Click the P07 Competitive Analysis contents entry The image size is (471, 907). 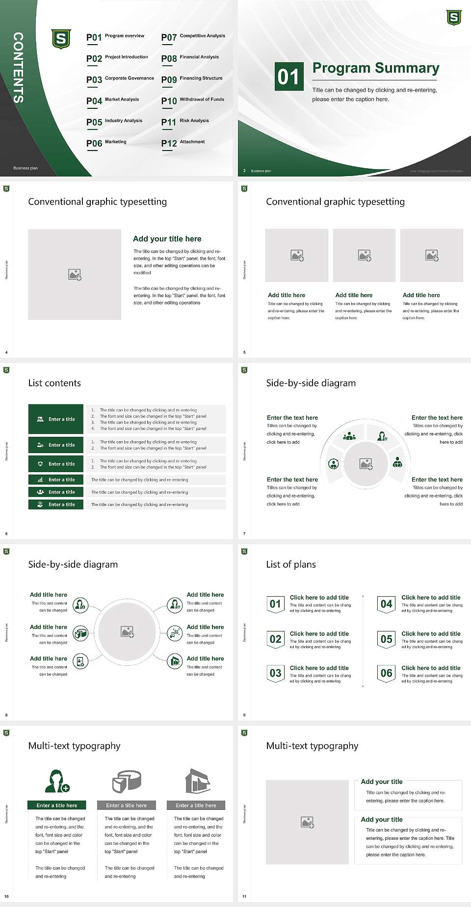(193, 37)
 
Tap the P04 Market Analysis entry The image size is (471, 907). (113, 101)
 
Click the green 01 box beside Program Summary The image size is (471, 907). (288, 76)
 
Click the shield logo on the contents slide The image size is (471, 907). (61, 39)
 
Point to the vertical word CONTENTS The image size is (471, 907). (18, 68)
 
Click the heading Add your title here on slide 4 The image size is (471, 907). (167, 239)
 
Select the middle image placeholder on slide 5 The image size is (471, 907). (364, 255)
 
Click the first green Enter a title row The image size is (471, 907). (56, 419)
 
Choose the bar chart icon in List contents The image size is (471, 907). (40, 479)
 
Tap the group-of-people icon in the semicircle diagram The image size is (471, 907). (349, 435)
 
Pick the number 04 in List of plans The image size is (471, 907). (387, 604)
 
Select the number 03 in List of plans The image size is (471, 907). (275, 673)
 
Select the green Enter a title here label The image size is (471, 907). (56, 806)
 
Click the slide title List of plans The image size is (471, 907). (291, 564)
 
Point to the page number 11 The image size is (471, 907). (244, 897)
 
